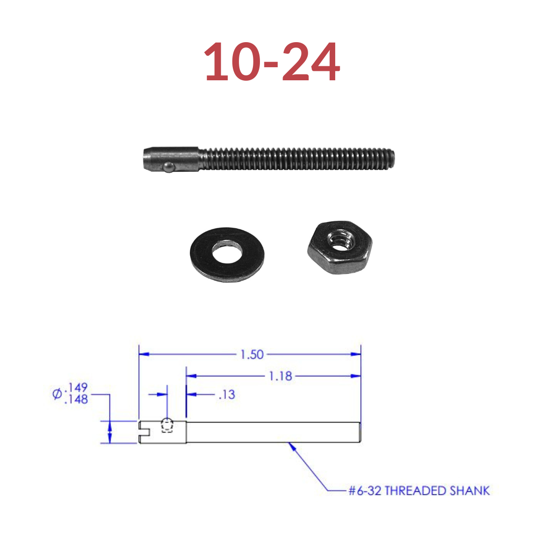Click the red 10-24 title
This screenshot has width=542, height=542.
[272, 62]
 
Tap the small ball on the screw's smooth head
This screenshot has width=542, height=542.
[169, 167]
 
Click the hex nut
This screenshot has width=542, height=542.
[340, 247]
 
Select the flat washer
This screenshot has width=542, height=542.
[227, 254]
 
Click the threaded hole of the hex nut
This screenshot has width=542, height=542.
[341, 240]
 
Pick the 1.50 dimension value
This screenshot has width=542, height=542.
[252, 354]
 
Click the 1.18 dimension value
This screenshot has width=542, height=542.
[281, 376]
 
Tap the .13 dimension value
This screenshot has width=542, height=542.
[227, 394]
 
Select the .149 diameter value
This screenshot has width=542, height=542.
[76, 387]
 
